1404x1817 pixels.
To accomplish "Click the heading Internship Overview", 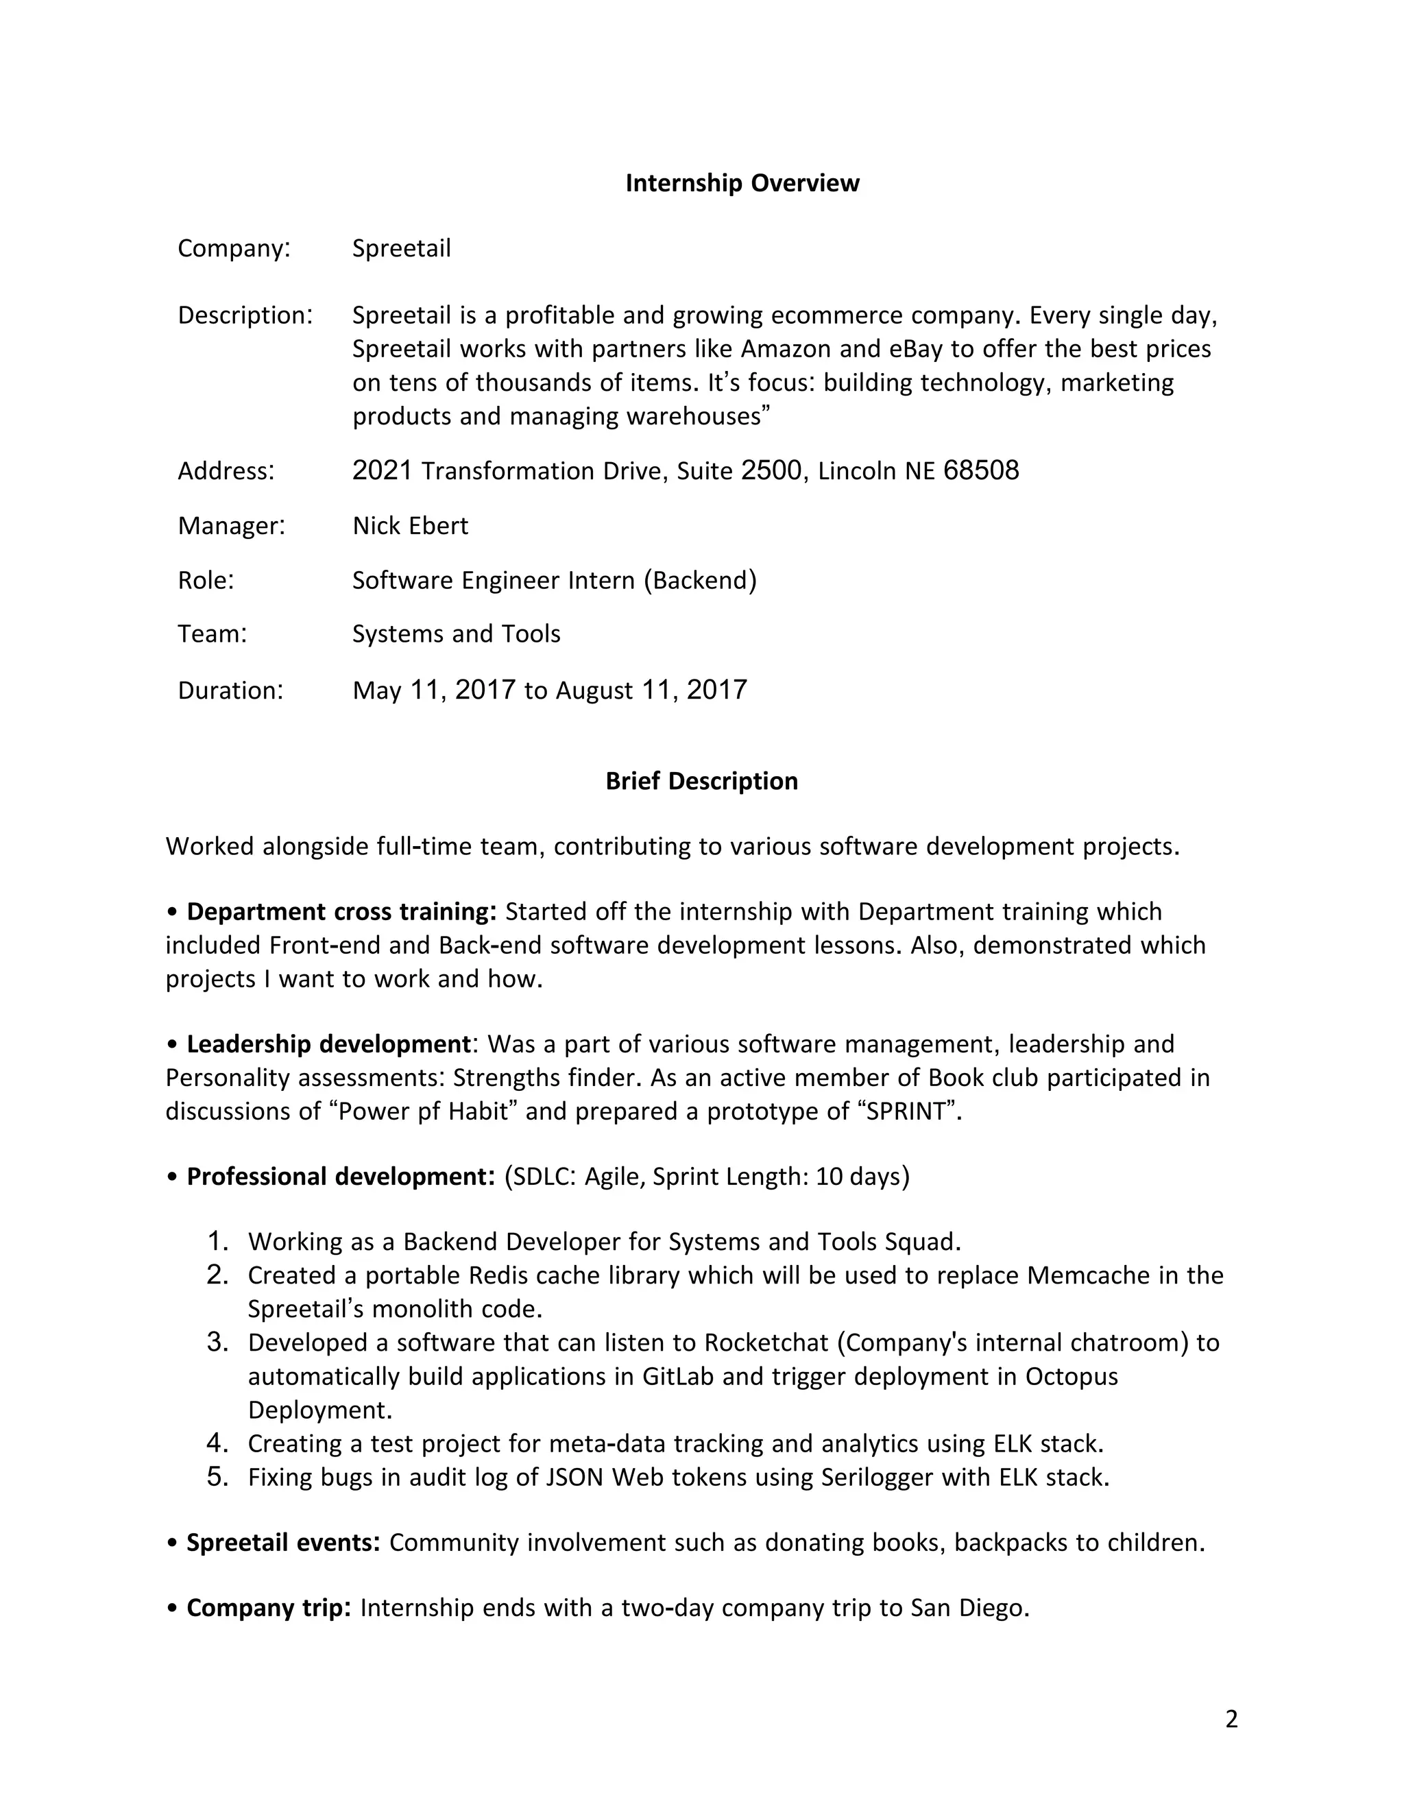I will (x=742, y=183).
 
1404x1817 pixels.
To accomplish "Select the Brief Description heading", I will (x=701, y=781).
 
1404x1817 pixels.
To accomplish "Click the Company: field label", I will (x=234, y=249).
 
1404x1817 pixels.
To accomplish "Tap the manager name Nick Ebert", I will (x=410, y=526).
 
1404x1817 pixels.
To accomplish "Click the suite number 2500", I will (x=771, y=471).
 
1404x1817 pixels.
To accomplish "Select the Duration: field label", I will (x=230, y=690).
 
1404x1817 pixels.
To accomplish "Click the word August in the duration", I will (x=594, y=690).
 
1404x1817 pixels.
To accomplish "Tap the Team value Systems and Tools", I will (x=456, y=634).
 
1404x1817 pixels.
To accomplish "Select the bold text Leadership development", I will (x=328, y=1044).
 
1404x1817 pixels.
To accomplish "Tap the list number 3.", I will (x=217, y=1342).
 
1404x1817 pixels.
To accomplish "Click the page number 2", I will (x=1231, y=1719).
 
